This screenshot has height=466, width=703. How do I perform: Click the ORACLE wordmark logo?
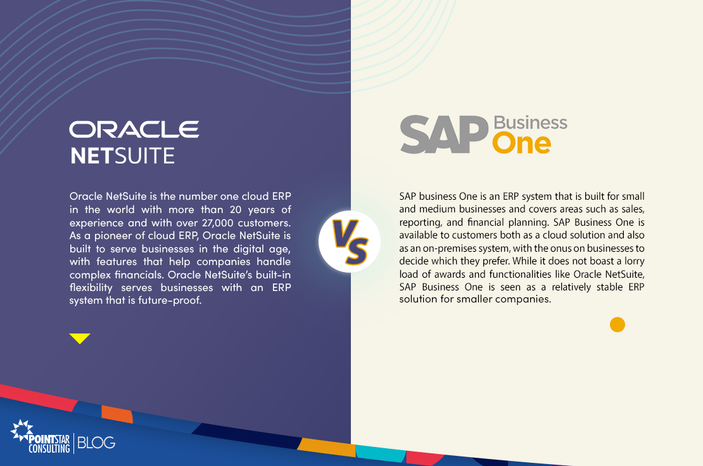[x=134, y=129]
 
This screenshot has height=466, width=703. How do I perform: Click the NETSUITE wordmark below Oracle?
[x=122, y=156]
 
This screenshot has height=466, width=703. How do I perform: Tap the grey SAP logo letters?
[x=444, y=134]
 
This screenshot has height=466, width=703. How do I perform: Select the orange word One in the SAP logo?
[x=521, y=143]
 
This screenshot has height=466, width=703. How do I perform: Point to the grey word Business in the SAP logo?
[x=530, y=122]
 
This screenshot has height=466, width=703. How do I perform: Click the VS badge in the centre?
[x=350, y=242]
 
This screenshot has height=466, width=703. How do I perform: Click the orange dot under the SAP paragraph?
[x=617, y=325]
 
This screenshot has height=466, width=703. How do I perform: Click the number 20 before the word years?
[x=236, y=210]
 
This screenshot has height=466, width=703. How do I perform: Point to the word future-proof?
[x=170, y=301]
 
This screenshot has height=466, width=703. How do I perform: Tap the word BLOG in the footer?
[x=96, y=443]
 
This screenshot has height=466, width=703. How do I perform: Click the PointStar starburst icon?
[x=22, y=430]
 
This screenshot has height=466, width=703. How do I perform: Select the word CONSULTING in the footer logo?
[x=49, y=448]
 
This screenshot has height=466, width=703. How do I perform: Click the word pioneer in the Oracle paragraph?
[x=112, y=236]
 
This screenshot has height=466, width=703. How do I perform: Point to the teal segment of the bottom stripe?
[x=381, y=453]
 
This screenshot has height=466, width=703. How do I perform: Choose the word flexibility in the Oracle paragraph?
[x=91, y=288]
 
